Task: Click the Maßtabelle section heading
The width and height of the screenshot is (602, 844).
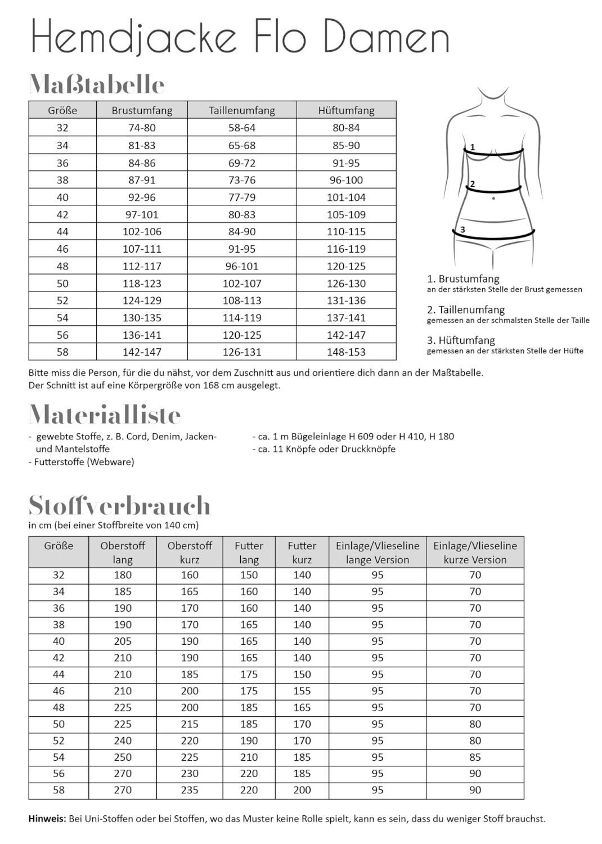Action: click(x=97, y=84)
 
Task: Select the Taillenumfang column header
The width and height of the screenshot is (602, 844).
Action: click(x=242, y=110)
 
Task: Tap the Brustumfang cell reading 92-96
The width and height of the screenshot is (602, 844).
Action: click(x=142, y=197)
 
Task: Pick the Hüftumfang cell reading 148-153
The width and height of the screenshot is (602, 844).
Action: click(x=346, y=352)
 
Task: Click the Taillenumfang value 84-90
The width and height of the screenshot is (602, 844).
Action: click(x=242, y=232)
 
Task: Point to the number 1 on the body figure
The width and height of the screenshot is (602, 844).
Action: click(x=473, y=147)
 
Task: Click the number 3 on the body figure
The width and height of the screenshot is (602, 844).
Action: click(x=462, y=230)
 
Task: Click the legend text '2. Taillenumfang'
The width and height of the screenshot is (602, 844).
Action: click(x=466, y=309)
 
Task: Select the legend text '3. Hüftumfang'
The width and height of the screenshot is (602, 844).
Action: click(x=461, y=340)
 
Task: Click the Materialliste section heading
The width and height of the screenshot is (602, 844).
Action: click(x=105, y=415)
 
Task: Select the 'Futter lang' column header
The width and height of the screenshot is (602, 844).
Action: click(x=249, y=552)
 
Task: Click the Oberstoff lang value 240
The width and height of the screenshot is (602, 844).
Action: click(x=123, y=740)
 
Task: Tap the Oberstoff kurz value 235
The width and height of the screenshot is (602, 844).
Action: click(x=190, y=790)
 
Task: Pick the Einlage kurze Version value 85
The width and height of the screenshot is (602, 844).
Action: click(x=475, y=757)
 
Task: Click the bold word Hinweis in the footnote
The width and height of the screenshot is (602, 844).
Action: click(x=47, y=819)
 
